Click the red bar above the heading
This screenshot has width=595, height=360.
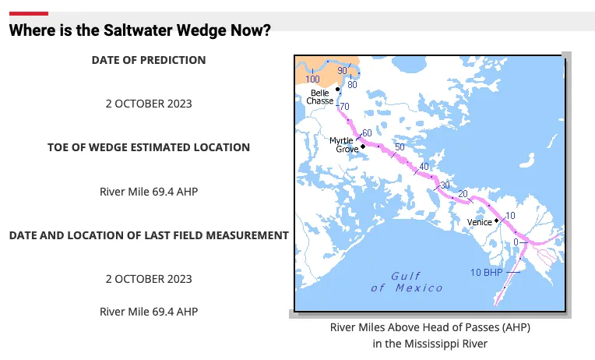28,13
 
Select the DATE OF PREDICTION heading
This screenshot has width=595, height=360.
149,60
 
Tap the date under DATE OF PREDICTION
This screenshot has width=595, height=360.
149,104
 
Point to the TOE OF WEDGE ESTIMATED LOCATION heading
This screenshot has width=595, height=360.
149,147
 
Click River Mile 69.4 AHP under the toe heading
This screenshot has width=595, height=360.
149,191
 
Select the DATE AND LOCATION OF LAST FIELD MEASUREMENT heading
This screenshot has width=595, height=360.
149,235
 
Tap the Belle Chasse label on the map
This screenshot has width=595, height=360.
321,97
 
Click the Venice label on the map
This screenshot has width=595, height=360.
479,222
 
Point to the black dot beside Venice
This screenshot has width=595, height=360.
496,221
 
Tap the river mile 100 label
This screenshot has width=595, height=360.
313,79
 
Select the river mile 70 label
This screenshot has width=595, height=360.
344,106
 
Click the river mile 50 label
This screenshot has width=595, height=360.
400,147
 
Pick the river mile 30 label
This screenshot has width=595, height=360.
445,185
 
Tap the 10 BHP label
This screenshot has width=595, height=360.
486,272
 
